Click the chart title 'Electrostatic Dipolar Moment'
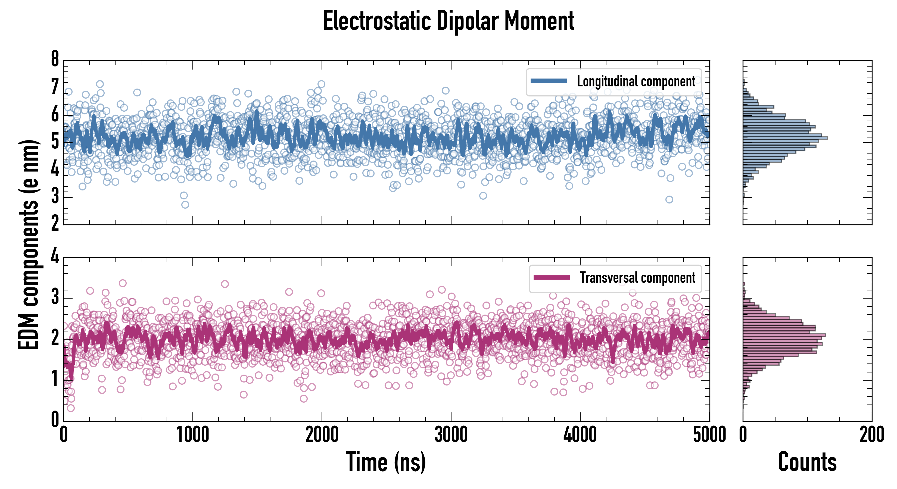coord(448,21)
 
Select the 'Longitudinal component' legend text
coord(636,81)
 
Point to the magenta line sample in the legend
coord(552,278)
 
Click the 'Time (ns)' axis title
coord(386,462)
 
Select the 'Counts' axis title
coord(807,462)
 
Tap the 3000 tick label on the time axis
coord(451,435)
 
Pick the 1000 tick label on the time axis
coord(192,435)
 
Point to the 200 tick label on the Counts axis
coord(871,435)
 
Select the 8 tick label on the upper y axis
coord(55,59)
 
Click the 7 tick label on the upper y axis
coord(55,87)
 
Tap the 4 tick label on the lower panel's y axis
coord(55,256)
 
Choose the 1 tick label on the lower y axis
coord(55,379)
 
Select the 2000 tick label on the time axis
coord(322,435)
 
